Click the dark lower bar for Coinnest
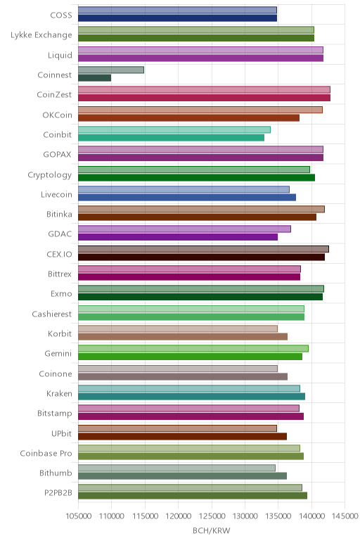pos(94,78)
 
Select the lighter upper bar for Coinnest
pos(111,70)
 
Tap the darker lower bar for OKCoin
pos(188,117)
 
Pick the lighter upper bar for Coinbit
pos(174,129)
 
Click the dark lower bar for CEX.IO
pos(202,257)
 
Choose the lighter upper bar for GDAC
pos(184,229)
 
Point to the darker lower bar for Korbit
pos(183,337)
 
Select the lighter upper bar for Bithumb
pos(176,468)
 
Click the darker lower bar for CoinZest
pos(204,98)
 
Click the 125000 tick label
pos(212,516)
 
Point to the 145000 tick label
pos(345,516)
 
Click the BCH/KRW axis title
pos(211,530)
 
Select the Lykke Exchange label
pos(41,35)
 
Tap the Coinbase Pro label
pos(46,453)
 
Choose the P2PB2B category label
pos(58,493)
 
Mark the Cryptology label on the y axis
pos(50,175)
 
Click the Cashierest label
pos(52,314)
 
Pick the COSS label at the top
pos(61,15)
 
